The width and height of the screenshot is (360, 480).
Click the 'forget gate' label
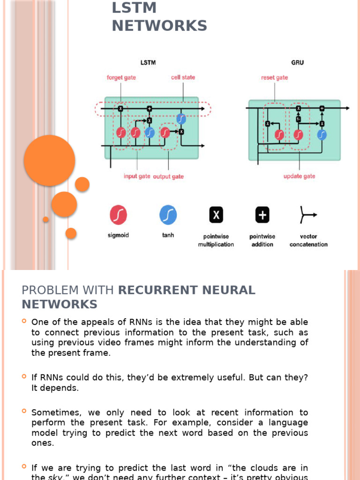[x=121, y=77]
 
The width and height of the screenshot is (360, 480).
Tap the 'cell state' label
[x=183, y=77]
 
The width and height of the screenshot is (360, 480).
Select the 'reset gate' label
[x=275, y=77]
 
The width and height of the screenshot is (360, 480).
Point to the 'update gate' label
[x=299, y=176]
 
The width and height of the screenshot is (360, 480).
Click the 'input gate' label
[x=137, y=176]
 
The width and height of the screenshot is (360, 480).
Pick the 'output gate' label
[x=168, y=176]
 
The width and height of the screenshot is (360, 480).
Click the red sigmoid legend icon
[x=119, y=215]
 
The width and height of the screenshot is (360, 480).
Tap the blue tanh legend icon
[x=168, y=215]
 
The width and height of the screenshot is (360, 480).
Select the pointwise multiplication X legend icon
[x=216, y=215]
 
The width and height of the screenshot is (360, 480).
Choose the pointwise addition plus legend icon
[x=262, y=215]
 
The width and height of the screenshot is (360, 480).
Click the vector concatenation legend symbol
[x=308, y=215]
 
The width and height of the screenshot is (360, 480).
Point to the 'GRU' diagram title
[x=297, y=62]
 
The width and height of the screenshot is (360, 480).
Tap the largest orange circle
[x=49, y=160]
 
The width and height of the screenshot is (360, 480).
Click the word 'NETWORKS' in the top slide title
[x=159, y=26]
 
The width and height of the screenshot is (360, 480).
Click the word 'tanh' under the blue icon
[x=168, y=235]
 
